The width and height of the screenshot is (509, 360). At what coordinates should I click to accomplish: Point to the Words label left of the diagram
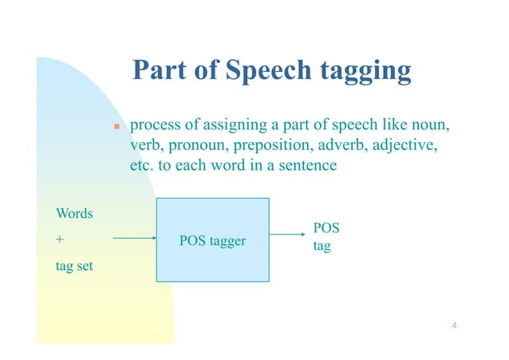tap(74, 214)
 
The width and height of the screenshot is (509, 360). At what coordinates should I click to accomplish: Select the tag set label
tap(73, 266)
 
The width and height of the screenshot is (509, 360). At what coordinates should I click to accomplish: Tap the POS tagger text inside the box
tap(211, 239)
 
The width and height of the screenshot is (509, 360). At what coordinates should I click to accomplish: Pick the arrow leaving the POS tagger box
tap(286, 235)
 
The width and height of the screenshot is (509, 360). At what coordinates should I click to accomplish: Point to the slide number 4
tap(453, 325)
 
